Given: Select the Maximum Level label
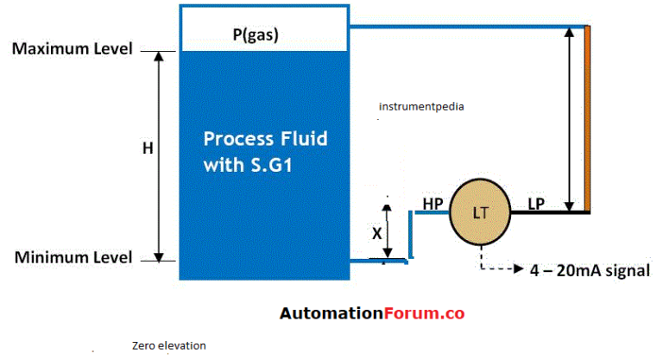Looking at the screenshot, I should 72,49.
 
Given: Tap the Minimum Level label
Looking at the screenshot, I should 72,257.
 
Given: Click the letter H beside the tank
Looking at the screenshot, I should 147,148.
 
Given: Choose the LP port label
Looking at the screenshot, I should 535,204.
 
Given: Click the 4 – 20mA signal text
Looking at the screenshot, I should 588,270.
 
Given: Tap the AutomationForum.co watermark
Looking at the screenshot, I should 372,314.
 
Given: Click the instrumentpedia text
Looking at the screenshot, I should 421,108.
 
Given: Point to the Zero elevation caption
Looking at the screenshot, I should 169,345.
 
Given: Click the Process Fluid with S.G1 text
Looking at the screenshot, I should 265,152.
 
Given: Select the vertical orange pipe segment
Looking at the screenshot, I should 588,118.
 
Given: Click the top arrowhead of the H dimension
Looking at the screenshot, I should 159,56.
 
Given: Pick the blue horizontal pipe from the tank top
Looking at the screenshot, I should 466,26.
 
